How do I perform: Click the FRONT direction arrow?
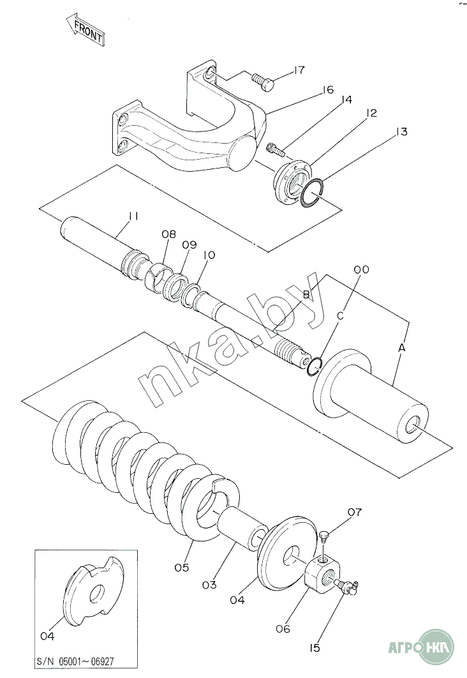point(85,29)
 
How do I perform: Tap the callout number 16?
point(328,89)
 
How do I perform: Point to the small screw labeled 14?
point(276,149)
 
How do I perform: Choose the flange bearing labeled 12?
point(292,181)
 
